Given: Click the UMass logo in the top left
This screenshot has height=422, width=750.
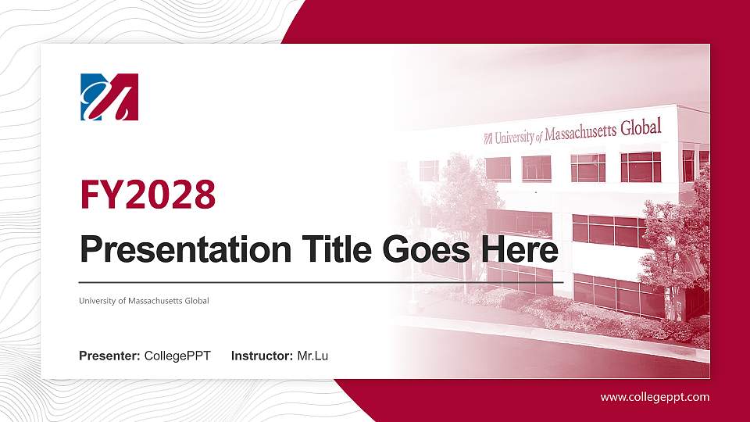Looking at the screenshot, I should tap(109, 97).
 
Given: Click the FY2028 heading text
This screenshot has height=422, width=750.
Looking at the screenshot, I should tap(148, 194).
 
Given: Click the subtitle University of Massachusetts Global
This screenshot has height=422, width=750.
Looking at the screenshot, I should tap(144, 300).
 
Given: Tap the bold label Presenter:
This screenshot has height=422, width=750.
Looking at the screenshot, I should tap(110, 356).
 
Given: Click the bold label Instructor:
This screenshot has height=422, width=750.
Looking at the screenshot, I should tap(262, 356).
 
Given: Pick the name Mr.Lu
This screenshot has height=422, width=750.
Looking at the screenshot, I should tap(312, 356).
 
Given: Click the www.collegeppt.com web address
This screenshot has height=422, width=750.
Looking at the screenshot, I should tap(655, 397).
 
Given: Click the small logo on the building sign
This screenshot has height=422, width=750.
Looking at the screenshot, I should tap(488, 139).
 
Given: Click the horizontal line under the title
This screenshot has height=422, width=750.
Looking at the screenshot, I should tap(320, 281).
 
